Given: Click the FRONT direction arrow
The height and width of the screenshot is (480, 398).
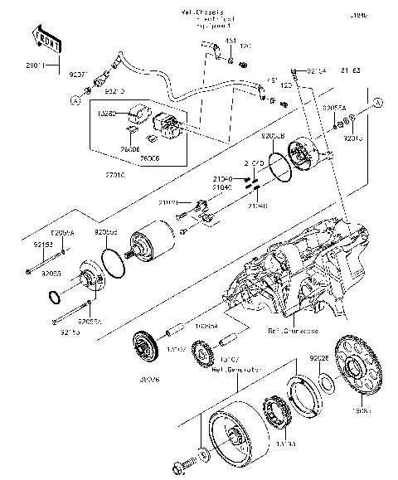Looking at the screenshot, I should (x=45, y=38).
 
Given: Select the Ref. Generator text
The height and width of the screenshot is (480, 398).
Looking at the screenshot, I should (x=235, y=370).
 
